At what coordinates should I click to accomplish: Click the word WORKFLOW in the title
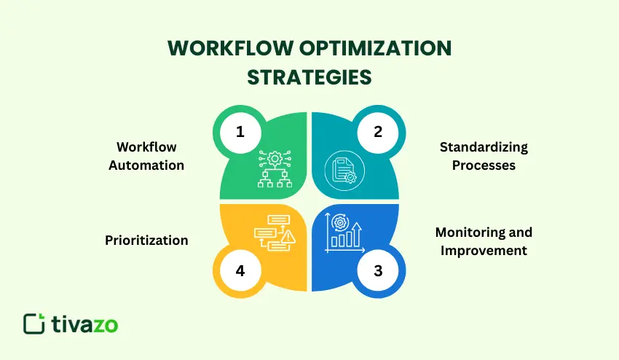coord(220,49)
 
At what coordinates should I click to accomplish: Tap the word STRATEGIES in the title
coord(309,77)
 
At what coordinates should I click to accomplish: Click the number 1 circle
coord(240,132)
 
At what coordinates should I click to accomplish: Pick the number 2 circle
coord(378,132)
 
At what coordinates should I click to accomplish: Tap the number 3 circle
coord(378,271)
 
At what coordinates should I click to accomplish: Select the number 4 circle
coord(240,271)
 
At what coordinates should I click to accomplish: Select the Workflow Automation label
coord(146,156)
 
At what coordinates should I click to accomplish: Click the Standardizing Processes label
coord(484,156)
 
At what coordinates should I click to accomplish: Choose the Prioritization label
coord(146,240)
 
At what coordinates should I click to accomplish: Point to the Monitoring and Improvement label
coord(484,241)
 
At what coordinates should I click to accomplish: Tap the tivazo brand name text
coord(84,324)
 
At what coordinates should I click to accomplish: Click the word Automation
coord(146,165)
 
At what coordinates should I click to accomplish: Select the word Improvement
coord(484,251)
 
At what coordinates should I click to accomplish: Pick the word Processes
coord(484,165)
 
